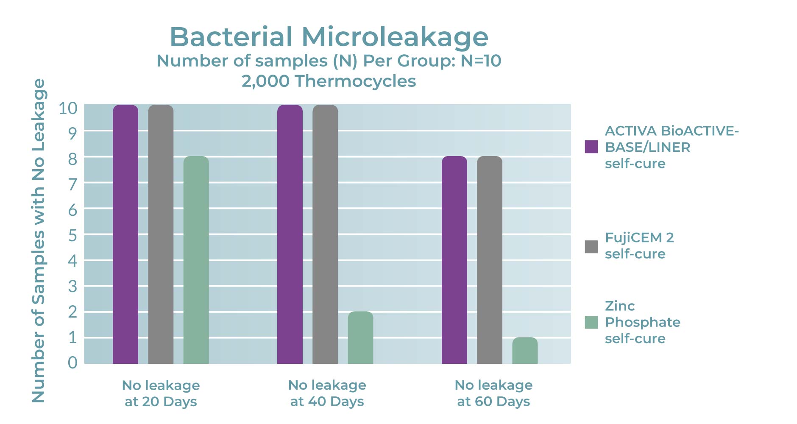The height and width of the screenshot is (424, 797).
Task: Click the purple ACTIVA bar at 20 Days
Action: pyautogui.click(x=125, y=234)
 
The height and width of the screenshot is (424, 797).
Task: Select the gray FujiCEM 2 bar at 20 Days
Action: pyautogui.click(x=161, y=234)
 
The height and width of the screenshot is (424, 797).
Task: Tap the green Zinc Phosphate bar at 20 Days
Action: pyautogui.click(x=196, y=259)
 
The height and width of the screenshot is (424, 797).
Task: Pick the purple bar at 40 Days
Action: pyautogui.click(x=290, y=234)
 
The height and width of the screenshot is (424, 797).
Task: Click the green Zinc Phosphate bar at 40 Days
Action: pyautogui.click(x=360, y=338)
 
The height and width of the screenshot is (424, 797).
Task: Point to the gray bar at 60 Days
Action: pyautogui.click(x=490, y=259)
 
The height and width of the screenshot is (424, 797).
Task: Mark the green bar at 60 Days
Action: pyautogui.click(x=525, y=351)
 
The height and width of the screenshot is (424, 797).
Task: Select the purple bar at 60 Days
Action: pyautogui.click(x=454, y=259)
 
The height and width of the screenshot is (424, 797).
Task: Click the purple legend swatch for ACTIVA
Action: pyautogui.click(x=591, y=147)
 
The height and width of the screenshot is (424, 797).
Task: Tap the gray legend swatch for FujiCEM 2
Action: pyautogui.click(x=591, y=247)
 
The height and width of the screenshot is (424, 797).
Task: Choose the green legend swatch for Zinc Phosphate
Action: pyautogui.click(x=591, y=322)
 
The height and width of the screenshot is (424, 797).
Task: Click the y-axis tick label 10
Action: pyautogui.click(x=68, y=109)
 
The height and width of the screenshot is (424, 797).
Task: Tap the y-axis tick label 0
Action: pyautogui.click(x=72, y=363)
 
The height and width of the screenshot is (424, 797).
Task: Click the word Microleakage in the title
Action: pyautogui.click(x=395, y=37)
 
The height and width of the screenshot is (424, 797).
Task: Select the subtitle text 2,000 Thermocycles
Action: pyautogui.click(x=329, y=81)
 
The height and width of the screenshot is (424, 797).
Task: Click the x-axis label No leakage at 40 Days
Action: pyautogui.click(x=327, y=393)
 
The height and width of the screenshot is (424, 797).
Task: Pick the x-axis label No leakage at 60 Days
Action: pyautogui.click(x=493, y=393)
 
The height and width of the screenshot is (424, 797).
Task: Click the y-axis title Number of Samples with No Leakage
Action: pyautogui.click(x=39, y=240)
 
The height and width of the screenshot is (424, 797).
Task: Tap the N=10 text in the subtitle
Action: pyautogui.click(x=481, y=61)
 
